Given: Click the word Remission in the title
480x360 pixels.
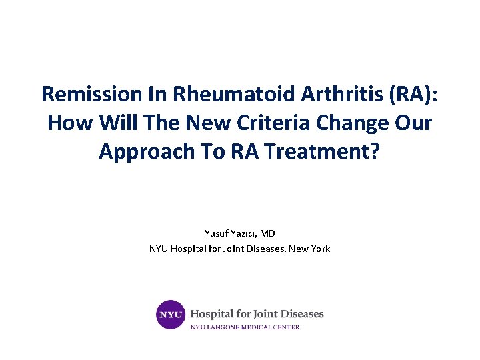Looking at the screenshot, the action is pos(92,94).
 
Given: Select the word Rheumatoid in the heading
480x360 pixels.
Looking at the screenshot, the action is pos(234,94).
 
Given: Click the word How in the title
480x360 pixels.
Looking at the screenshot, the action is pos(70,123).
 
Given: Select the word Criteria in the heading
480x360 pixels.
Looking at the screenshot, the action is pos(273,122).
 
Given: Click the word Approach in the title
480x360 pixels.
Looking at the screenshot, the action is pos(147,152).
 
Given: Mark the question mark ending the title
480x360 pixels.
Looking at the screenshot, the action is pos(375,151).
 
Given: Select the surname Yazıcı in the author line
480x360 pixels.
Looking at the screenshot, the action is pos(243,234).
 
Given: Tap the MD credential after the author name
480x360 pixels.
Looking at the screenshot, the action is pos(267,233).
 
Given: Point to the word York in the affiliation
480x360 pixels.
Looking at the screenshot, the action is pos(321,249).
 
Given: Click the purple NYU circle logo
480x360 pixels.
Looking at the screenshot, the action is pos(171,315).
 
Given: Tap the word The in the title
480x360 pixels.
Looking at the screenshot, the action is pos(161,122).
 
